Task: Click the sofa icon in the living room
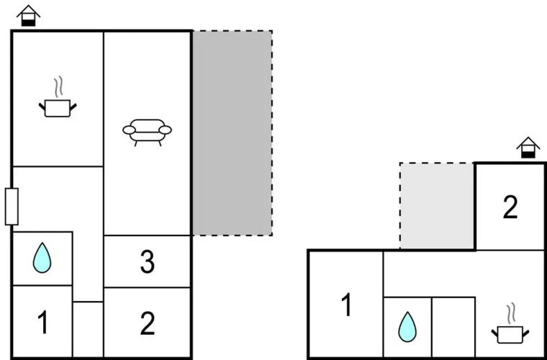click(147, 132)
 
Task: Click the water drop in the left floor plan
click(42, 258)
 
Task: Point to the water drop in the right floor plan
click(407, 327)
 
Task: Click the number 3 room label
click(148, 262)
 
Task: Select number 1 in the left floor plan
click(42, 323)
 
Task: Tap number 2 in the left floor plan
click(148, 323)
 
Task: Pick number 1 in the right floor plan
click(346, 305)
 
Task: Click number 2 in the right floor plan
click(510, 207)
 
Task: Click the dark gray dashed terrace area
click(232, 133)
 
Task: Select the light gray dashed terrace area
click(437, 206)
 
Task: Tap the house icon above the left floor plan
click(28, 16)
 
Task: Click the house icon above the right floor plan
click(528, 148)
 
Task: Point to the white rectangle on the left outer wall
click(12, 207)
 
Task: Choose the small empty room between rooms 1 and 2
click(88, 329)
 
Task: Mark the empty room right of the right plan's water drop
click(453, 327)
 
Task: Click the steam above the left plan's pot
click(59, 86)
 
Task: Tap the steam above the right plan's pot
click(512, 314)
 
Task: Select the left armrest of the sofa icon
click(129, 130)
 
